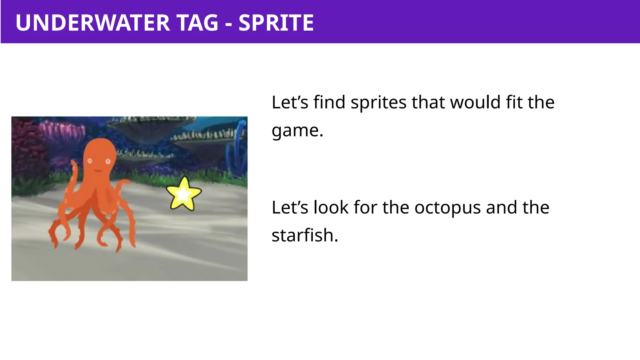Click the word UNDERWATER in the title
coord(93,23)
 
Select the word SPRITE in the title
coord(276,23)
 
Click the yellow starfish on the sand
coord(184,194)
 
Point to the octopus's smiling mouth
coord(99,171)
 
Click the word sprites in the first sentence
coord(378,102)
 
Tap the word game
coord(297,130)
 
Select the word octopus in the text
coord(447,207)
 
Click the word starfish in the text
coord(304,235)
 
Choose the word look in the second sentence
coord(331,207)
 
